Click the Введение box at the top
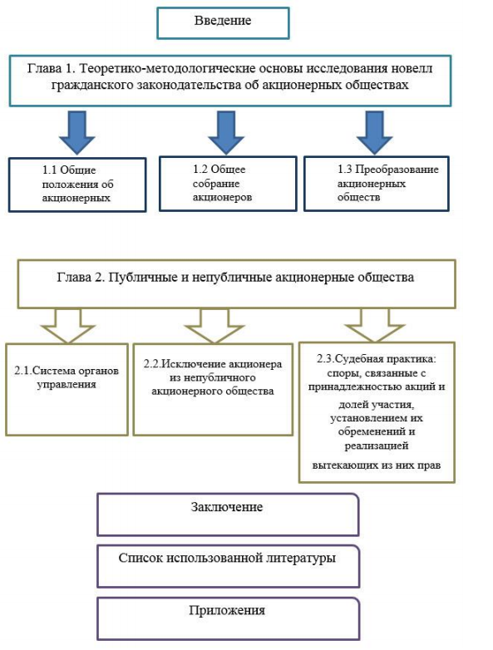click(223, 22)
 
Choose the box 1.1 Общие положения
click(80, 185)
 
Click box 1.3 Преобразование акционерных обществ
click(374, 184)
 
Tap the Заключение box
click(228, 514)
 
